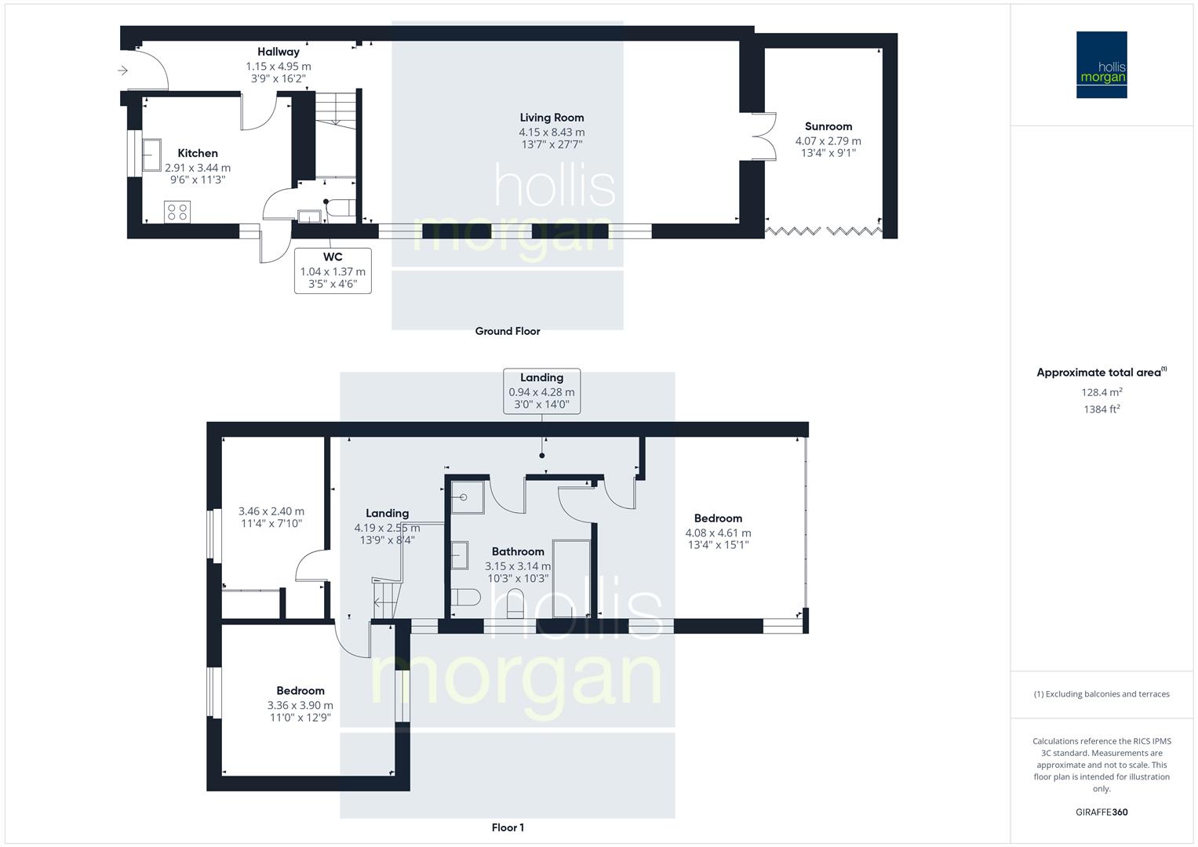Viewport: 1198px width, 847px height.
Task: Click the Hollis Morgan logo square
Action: (x=1101, y=64)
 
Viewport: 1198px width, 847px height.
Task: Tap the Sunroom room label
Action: (x=828, y=126)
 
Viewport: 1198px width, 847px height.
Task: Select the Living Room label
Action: (x=552, y=118)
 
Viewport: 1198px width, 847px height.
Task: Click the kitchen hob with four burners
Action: (x=177, y=212)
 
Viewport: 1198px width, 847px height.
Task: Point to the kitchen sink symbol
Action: (x=151, y=155)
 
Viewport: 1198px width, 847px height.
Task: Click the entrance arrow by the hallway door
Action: (x=122, y=71)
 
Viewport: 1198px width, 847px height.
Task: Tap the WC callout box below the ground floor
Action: (x=333, y=270)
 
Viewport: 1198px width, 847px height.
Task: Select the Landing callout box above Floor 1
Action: (x=541, y=391)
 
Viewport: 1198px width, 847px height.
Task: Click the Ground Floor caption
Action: (x=508, y=331)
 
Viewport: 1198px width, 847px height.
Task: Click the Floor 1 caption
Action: (x=508, y=827)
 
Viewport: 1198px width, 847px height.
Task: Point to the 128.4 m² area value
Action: (x=1102, y=392)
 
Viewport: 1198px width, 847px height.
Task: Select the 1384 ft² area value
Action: (x=1102, y=409)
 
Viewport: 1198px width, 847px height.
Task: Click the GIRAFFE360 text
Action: (x=1102, y=812)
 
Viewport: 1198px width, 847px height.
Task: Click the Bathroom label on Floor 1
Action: (x=518, y=551)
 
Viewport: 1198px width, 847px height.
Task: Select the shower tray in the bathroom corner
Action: (x=468, y=497)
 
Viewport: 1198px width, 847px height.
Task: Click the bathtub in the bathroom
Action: (x=572, y=577)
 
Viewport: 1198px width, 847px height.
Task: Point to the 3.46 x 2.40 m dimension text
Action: (x=271, y=511)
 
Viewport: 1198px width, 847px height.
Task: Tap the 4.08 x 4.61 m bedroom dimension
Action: (x=718, y=533)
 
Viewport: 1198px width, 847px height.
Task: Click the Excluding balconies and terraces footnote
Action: (x=1102, y=694)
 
